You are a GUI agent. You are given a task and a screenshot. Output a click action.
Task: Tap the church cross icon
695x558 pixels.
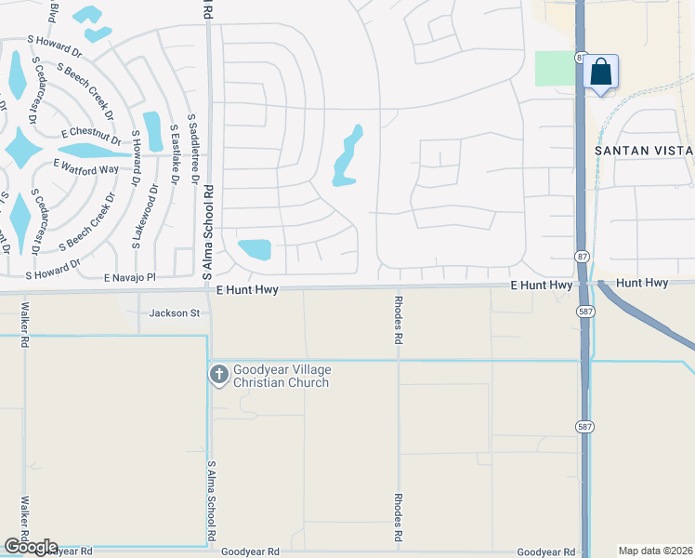[218, 375]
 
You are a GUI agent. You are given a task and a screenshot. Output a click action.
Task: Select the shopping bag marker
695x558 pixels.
[601, 73]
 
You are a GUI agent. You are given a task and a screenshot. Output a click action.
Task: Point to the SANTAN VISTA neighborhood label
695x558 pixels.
[644, 151]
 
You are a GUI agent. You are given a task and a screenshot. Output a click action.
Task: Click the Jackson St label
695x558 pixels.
[175, 313]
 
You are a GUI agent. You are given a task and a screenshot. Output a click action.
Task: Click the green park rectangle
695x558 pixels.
[554, 69]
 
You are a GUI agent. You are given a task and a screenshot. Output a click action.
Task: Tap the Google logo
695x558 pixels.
[30, 546]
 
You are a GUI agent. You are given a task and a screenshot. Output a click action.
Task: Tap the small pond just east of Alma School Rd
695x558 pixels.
[255, 249]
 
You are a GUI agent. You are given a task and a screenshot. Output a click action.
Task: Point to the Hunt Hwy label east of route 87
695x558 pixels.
[642, 282]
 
